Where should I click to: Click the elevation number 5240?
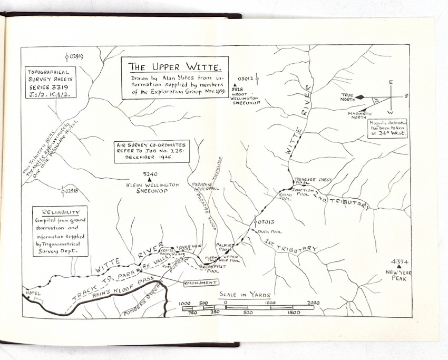tap(150, 174)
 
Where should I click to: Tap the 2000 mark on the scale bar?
tap(312, 303)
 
